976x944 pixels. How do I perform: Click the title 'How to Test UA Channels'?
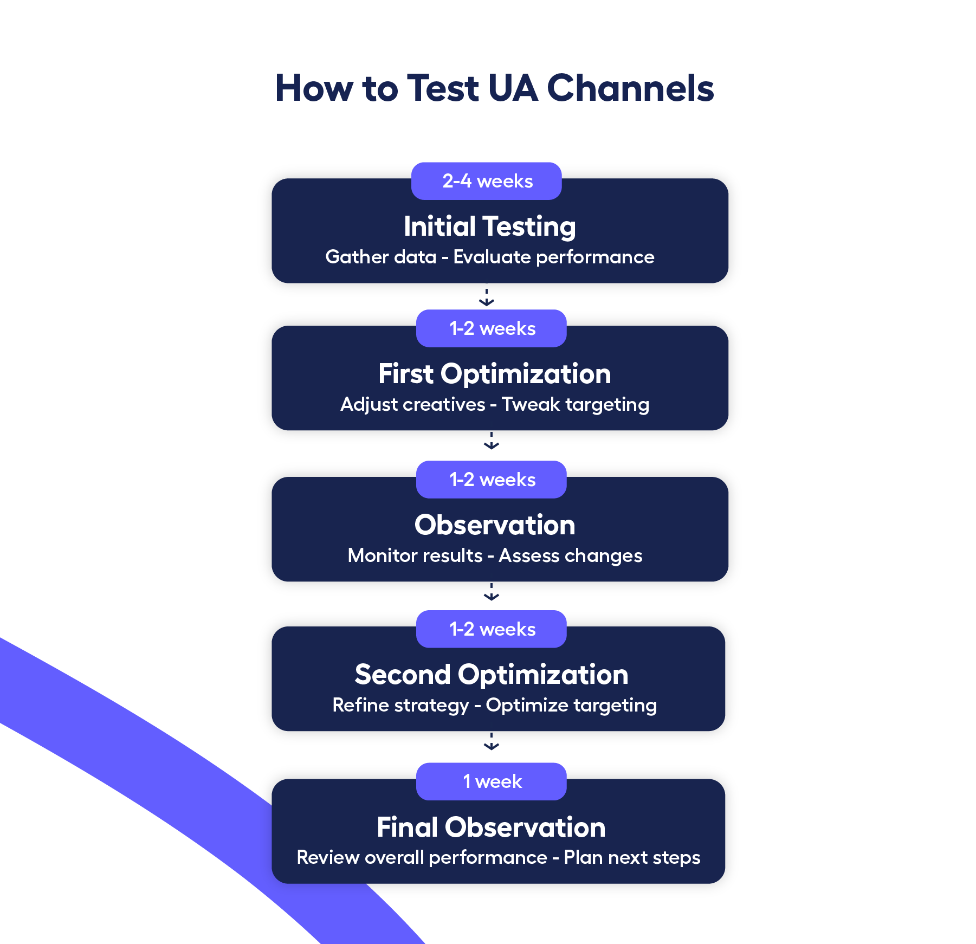click(494, 88)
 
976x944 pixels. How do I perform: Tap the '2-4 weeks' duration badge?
click(487, 181)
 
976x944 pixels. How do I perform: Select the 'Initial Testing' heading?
click(489, 227)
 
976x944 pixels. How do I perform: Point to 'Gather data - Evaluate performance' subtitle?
click(489, 257)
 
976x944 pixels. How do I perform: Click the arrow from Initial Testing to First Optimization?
click(487, 298)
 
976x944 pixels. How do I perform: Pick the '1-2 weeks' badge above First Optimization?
click(492, 328)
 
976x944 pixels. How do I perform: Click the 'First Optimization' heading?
click(494, 374)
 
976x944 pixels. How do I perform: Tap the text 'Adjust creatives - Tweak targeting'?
click(494, 404)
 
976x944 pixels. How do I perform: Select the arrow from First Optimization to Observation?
click(492, 442)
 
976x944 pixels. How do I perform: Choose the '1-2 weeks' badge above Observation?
click(492, 480)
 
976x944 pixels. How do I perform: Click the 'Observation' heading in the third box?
click(494, 525)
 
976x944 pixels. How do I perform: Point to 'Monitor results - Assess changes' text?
click(494, 555)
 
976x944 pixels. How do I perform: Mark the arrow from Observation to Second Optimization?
click(492, 593)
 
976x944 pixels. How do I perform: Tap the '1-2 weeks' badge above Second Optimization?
click(492, 629)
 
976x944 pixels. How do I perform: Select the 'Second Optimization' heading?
click(492, 675)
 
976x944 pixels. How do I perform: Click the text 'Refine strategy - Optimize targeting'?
click(494, 705)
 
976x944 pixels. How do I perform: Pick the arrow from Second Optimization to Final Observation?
click(492, 742)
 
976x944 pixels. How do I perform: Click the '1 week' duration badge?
click(492, 781)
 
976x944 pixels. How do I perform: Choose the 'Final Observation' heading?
click(491, 827)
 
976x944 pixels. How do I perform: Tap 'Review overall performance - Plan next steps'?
click(498, 857)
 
